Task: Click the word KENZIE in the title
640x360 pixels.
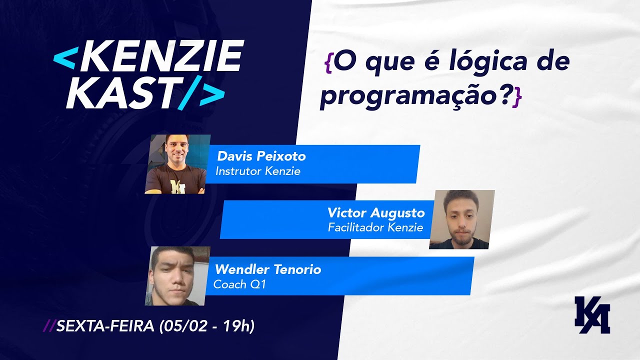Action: [160, 56]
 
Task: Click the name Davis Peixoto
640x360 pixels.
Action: [261, 156]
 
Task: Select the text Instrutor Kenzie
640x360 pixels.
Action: [257, 171]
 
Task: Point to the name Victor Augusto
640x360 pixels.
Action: [376, 213]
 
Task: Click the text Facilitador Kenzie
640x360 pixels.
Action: [375, 228]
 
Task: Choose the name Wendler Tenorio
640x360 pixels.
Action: [268, 270]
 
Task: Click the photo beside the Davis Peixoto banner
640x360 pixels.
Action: [177, 164]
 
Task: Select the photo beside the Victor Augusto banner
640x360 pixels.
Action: [461, 219]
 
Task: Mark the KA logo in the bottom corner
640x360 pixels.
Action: [592, 315]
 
